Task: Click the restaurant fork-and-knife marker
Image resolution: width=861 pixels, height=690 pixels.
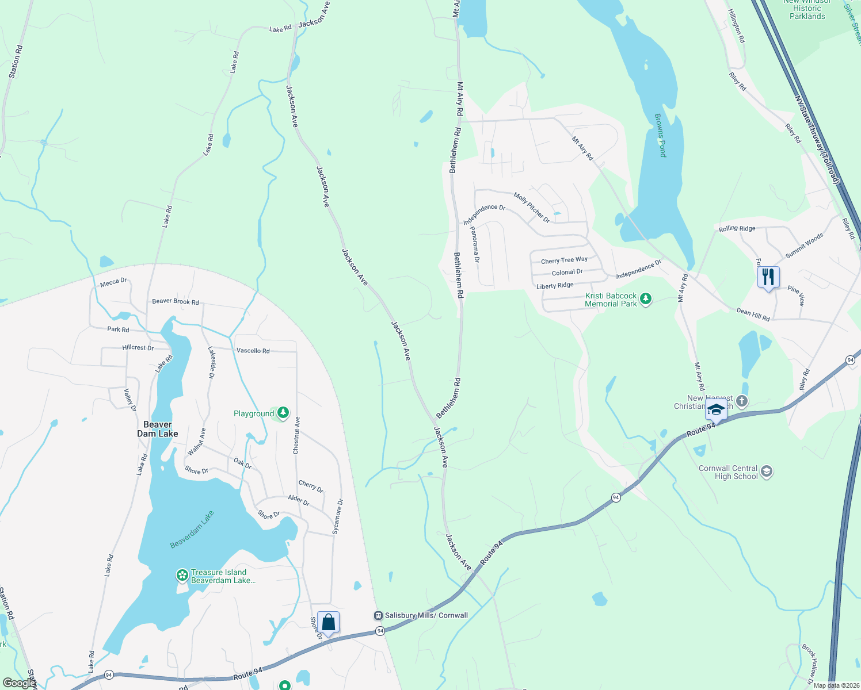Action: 768,278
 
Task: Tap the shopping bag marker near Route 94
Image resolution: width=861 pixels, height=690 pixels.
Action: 328,623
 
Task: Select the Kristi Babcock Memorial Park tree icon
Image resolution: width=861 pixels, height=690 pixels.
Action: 646,299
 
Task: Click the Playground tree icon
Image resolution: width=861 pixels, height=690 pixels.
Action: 283,413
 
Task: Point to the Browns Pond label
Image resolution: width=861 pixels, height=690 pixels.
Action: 660,136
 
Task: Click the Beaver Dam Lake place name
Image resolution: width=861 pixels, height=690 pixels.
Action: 157,429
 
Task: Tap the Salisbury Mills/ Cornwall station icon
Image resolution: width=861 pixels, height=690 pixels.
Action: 378,615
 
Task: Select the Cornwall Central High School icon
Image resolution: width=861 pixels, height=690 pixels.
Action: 766,472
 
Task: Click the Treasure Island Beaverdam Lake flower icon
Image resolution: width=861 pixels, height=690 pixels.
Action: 182,575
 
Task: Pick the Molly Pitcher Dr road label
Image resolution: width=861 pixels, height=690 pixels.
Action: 532,208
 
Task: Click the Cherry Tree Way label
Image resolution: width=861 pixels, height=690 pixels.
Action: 564,260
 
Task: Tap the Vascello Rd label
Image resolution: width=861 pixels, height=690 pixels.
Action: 253,350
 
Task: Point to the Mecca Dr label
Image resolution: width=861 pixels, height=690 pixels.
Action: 113,282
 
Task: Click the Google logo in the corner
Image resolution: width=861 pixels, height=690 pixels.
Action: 18,683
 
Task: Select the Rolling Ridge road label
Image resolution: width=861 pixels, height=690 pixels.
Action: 737,228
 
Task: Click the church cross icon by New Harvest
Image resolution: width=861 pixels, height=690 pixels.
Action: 742,401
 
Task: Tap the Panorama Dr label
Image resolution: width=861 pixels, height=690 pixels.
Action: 475,244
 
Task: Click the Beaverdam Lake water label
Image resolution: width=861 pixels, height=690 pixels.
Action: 192,530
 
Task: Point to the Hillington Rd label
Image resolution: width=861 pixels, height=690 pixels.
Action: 736,26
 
